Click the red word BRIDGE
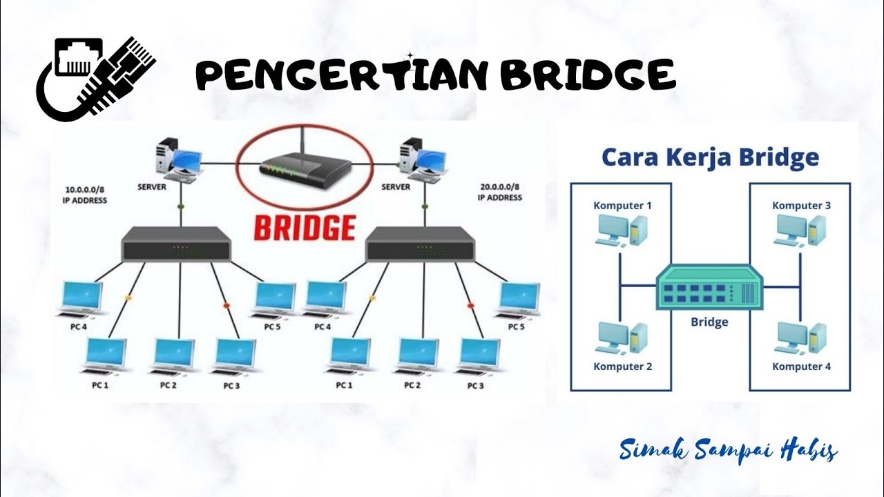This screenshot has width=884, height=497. point(305,228)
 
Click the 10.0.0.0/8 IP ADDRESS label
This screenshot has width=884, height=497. point(86,193)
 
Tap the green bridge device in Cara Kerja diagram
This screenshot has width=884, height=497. point(709,288)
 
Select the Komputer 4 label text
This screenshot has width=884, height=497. point(801,367)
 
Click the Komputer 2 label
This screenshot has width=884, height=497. point(622,367)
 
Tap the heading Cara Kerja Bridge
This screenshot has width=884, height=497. point(710,157)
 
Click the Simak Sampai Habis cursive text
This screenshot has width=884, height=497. point(729,451)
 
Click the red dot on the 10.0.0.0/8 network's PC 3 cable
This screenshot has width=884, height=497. point(226,306)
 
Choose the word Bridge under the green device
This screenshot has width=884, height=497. point(709,322)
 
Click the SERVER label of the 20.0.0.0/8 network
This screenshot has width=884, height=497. point(396,187)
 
